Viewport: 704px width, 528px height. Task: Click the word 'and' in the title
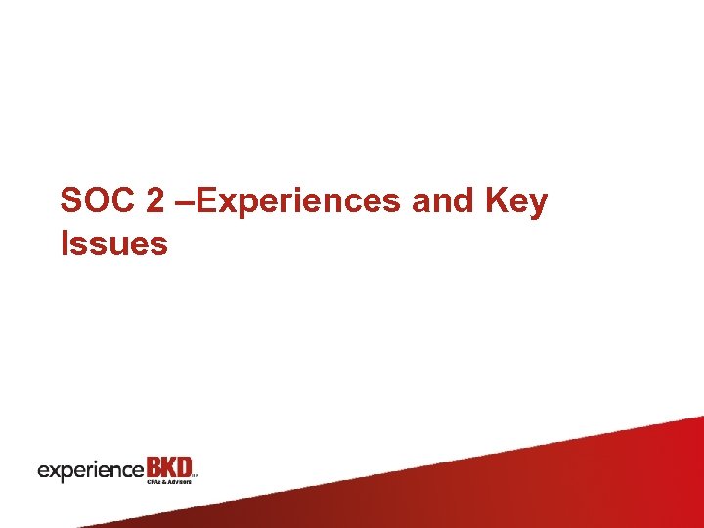point(442,201)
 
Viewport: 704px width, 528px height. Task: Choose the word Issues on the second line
point(113,243)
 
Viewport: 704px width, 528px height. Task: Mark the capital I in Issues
point(65,243)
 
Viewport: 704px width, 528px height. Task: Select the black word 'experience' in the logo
point(90,470)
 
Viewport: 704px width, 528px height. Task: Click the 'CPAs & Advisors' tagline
point(168,481)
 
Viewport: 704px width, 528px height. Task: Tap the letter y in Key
point(537,205)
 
